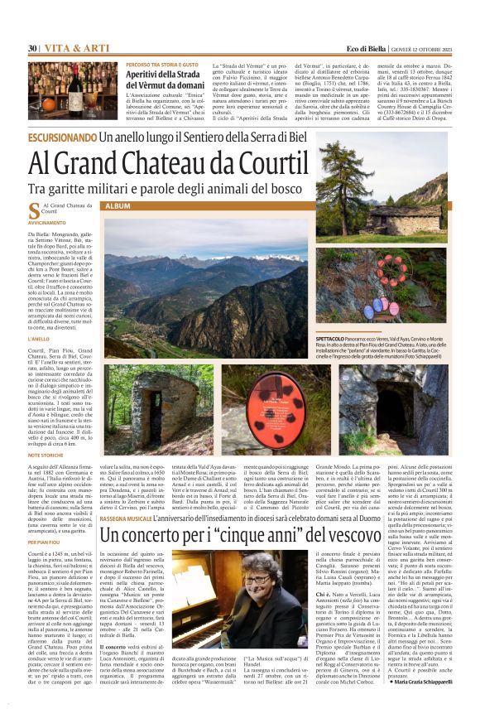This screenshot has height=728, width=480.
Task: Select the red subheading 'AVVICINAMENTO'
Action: (46, 224)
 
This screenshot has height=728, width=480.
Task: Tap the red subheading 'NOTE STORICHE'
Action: (46, 456)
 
